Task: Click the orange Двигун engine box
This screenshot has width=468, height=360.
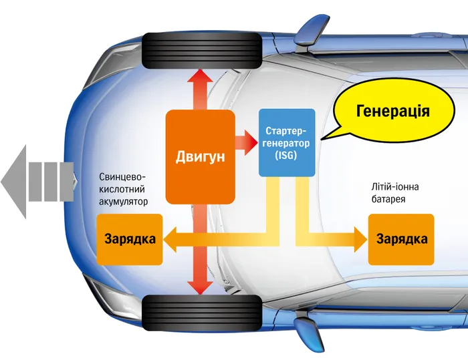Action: coord(201,157)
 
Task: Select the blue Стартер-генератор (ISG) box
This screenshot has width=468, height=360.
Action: coord(287,142)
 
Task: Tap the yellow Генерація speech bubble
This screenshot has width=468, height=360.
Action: coord(394,111)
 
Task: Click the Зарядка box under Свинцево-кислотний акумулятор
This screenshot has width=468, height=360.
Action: coord(130,240)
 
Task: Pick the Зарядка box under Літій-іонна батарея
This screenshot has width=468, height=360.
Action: coord(401,240)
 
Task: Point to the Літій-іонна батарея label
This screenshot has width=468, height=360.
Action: coord(395,193)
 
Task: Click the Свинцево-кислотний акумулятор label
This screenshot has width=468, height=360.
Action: coord(123,189)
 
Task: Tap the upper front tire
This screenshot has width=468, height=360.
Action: coord(202,51)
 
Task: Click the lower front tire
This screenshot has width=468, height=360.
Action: coord(202,313)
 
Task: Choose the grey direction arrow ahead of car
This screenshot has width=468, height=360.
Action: coord(37,182)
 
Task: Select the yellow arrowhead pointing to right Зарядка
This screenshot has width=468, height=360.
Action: coord(360,240)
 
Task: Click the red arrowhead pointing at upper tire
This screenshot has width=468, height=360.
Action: coord(200,75)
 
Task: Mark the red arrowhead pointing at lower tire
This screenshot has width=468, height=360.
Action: coord(200,288)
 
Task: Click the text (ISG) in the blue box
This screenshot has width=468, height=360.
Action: coord(286,156)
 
